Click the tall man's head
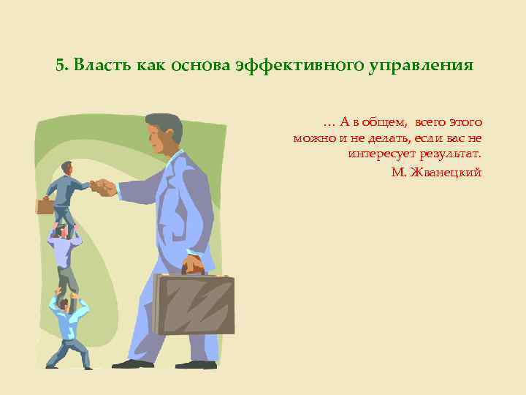pyautogui.click(x=164, y=134)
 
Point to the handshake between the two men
pyautogui.click(x=103, y=187)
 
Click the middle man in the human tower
pyautogui.click(x=64, y=256)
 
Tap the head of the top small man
pyautogui.click(x=67, y=168)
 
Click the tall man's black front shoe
pyautogui.click(x=130, y=364)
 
